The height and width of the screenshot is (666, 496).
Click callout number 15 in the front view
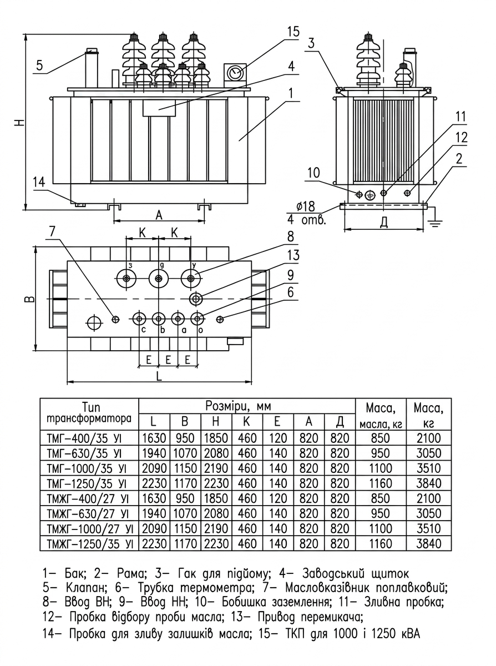click(x=293, y=32)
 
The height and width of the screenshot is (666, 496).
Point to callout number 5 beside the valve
click(x=40, y=65)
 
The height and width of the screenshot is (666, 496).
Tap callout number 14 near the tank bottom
click(x=39, y=182)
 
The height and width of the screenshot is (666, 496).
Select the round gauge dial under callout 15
click(x=235, y=73)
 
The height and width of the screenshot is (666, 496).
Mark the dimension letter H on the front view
click(x=20, y=123)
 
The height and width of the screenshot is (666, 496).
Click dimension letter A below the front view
click(x=159, y=215)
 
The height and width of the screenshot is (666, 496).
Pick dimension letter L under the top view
click(x=159, y=376)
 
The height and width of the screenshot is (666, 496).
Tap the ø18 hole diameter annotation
click(x=306, y=206)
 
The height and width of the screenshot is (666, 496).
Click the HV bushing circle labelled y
click(x=191, y=279)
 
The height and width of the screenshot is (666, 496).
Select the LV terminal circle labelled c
click(x=139, y=319)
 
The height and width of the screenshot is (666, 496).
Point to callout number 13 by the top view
click(x=293, y=255)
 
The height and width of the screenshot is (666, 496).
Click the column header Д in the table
click(x=340, y=422)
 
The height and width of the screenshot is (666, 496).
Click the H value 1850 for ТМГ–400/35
click(x=216, y=438)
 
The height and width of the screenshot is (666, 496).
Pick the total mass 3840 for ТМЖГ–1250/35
click(x=429, y=544)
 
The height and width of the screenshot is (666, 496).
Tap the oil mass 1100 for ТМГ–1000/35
click(x=380, y=468)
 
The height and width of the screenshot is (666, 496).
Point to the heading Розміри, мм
click(x=238, y=406)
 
